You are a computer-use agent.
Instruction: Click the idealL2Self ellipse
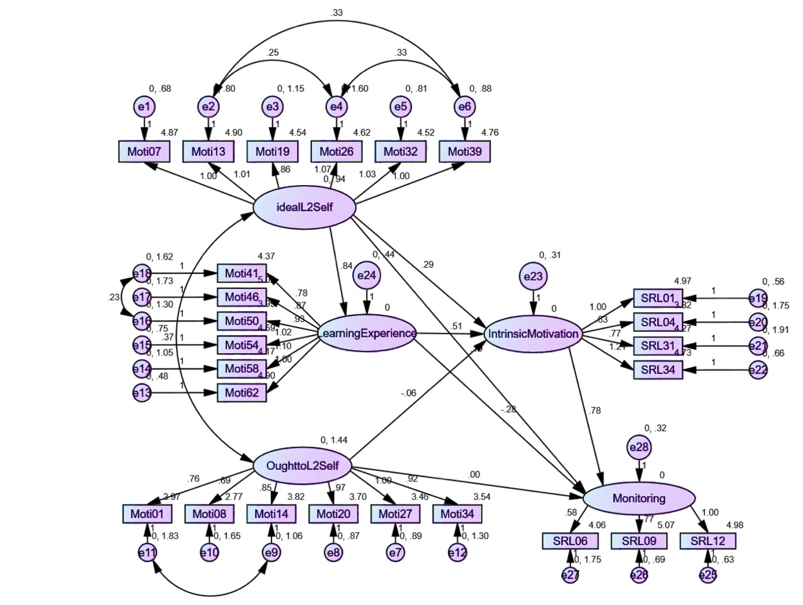tap(304, 207)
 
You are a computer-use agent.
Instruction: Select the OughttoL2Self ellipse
tap(302, 466)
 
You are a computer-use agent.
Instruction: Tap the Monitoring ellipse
tap(639, 498)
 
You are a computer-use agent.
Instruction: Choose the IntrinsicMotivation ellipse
tap(533, 334)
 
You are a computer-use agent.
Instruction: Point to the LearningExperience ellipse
tap(367, 333)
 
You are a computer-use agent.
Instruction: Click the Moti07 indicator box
tap(144, 152)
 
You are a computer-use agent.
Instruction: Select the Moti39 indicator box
tap(465, 152)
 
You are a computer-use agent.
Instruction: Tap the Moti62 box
tap(242, 393)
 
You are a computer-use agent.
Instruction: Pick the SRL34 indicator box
tap(658, 370)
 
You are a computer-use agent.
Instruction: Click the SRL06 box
tap(570, 541)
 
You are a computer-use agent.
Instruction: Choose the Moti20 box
tap(333, 514)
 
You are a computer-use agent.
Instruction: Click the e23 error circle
tap(533, 276)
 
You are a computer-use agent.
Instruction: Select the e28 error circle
tap(639, 447)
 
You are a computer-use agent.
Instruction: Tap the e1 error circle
tap(144, 107)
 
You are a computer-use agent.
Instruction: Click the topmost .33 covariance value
tap(336, 13)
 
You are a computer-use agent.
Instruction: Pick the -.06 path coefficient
tap(409, 393)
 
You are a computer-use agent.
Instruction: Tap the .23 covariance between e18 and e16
tap(113, 297)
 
